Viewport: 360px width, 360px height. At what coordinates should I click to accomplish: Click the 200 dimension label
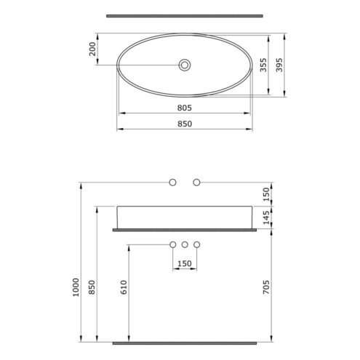coord(92,49)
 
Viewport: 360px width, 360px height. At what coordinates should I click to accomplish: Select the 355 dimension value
coord(263,65)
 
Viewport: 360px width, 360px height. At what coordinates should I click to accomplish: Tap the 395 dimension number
coord(279,65)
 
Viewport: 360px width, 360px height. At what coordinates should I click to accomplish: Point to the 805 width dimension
coord(184,108)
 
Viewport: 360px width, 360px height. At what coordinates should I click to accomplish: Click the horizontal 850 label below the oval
coord(185,124)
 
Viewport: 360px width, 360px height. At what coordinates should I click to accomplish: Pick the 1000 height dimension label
coord(76,287)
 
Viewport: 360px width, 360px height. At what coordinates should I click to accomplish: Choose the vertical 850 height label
coord(92,287)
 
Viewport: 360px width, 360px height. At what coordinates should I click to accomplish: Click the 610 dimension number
coord(124,287)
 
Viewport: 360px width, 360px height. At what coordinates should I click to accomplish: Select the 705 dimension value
coord(266,287)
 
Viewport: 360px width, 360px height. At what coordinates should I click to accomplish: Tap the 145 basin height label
coord(266,217)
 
